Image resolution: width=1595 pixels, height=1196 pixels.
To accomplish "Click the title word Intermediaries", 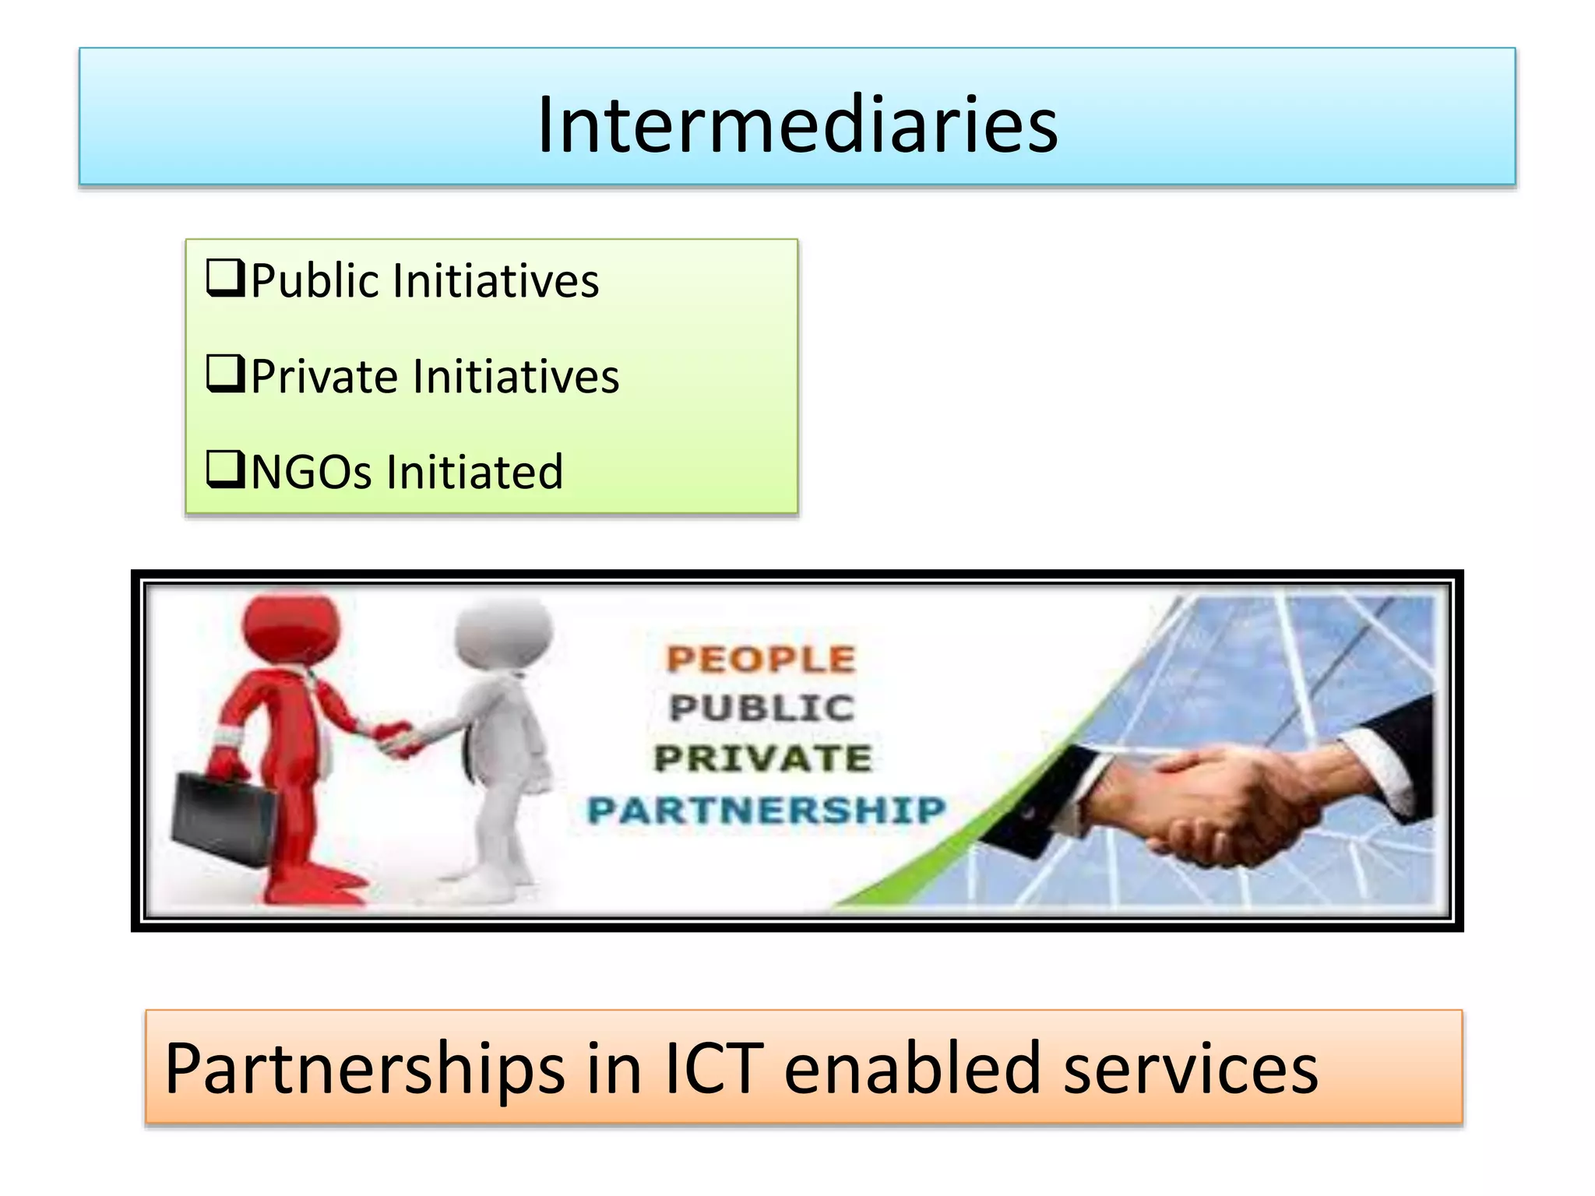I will (x=797, y=125).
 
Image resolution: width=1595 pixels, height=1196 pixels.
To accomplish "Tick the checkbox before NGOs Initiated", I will (x=225, y=470).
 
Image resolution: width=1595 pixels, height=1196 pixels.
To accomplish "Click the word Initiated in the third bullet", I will (x=474, y=472).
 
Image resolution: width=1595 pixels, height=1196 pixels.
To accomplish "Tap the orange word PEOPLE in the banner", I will (x=761, y=660).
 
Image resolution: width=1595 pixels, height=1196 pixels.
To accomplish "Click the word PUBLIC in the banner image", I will (x=762, y=709).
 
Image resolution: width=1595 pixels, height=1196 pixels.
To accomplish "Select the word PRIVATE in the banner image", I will (x=762, y=758).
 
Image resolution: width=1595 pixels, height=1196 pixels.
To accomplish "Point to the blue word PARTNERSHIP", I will (x=766, y=810).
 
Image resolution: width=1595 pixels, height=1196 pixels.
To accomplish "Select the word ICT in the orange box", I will (x=713, y=1068).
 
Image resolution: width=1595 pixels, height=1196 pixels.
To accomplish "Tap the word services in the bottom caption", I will (x=1191, y=1068).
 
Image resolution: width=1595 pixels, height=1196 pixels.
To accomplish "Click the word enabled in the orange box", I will (x=912, y=1068).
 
